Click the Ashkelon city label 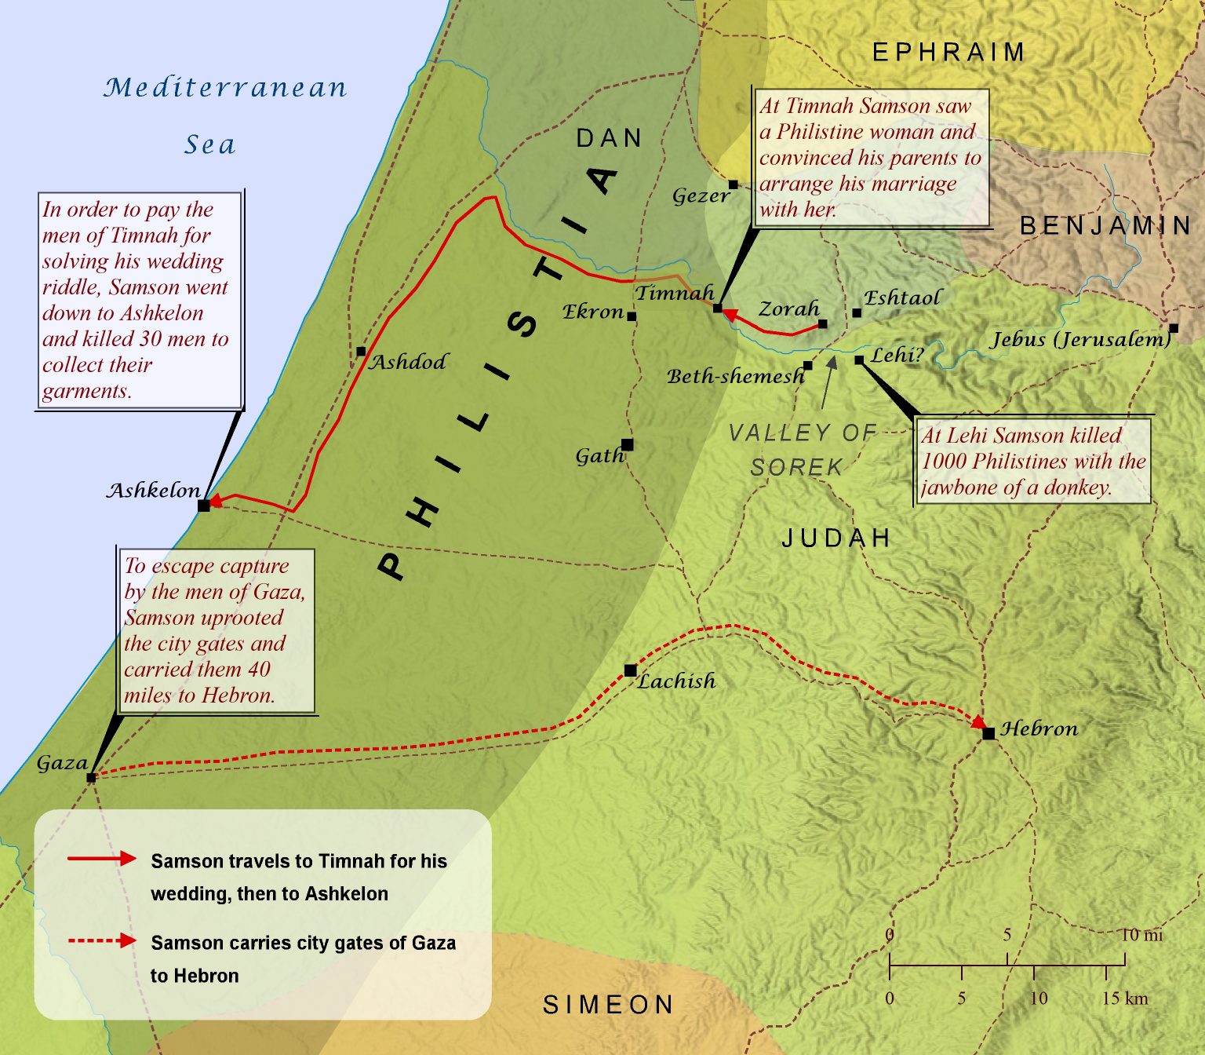point(154,491)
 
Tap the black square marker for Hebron point(988,733)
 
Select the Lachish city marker point(630,670)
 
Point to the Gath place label point(599,455)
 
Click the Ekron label point(593,312)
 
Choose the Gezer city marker point(734,184)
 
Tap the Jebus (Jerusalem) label point(1079,339)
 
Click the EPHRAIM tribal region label point(948,53)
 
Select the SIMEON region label point(608,1005)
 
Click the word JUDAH point(836,538)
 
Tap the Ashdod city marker point(361,352)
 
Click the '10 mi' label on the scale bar point(1141,935)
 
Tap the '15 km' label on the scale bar point(1124,998)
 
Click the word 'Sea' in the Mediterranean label point(209,144)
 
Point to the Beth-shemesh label point(735,377)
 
